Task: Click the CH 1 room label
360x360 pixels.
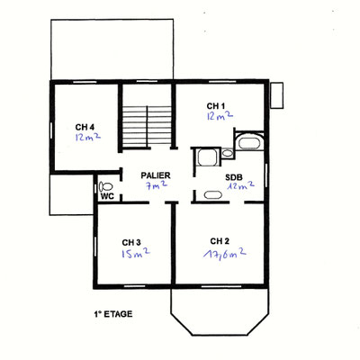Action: (216, 106)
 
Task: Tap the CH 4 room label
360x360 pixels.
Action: (85, 127)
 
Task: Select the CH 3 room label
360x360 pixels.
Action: (131, 242)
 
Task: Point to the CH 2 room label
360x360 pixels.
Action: (220, 241)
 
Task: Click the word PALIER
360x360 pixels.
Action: (156, 175)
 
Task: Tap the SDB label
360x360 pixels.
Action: (234, 177)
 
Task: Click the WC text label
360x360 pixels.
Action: (107, 196)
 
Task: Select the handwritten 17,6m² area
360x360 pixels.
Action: (225, 255)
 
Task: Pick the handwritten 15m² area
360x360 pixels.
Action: (136, 254)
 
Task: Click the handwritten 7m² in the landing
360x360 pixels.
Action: (156, 185)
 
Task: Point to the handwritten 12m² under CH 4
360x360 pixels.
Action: (88, 137)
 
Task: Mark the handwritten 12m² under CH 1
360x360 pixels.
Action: (220, 115)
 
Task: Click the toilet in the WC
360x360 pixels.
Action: (105, 186)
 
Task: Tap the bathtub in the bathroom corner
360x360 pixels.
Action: (249, 141)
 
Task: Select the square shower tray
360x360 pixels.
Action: (207, 157)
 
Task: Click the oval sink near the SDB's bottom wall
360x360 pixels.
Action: (213, 195)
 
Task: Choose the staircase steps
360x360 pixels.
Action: (147, 127)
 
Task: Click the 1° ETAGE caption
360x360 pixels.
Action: (113, 314)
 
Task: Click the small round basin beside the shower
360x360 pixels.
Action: (228, 153)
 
